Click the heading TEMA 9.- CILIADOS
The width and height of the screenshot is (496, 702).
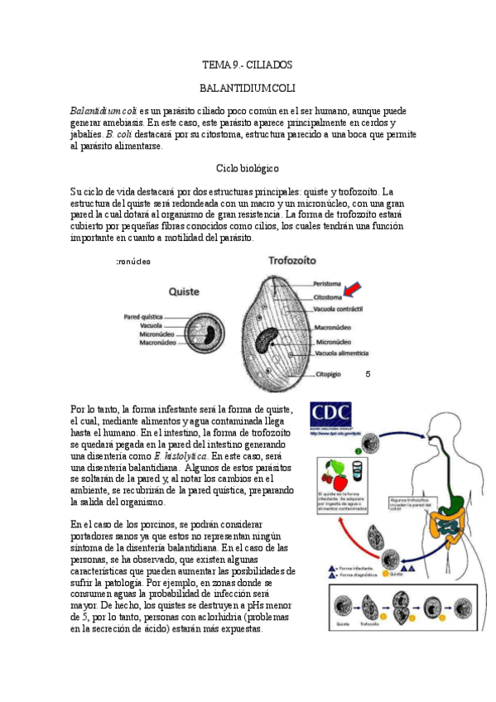click(x=248, y=64)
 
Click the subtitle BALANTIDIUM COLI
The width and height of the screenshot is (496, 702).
click(x=248, y=87)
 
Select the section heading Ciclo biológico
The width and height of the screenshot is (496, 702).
click(x=248, y=168)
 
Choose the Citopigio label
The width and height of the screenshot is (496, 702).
click(x=327, y=374)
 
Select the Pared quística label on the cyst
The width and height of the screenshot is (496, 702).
click(x=142, y=316)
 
